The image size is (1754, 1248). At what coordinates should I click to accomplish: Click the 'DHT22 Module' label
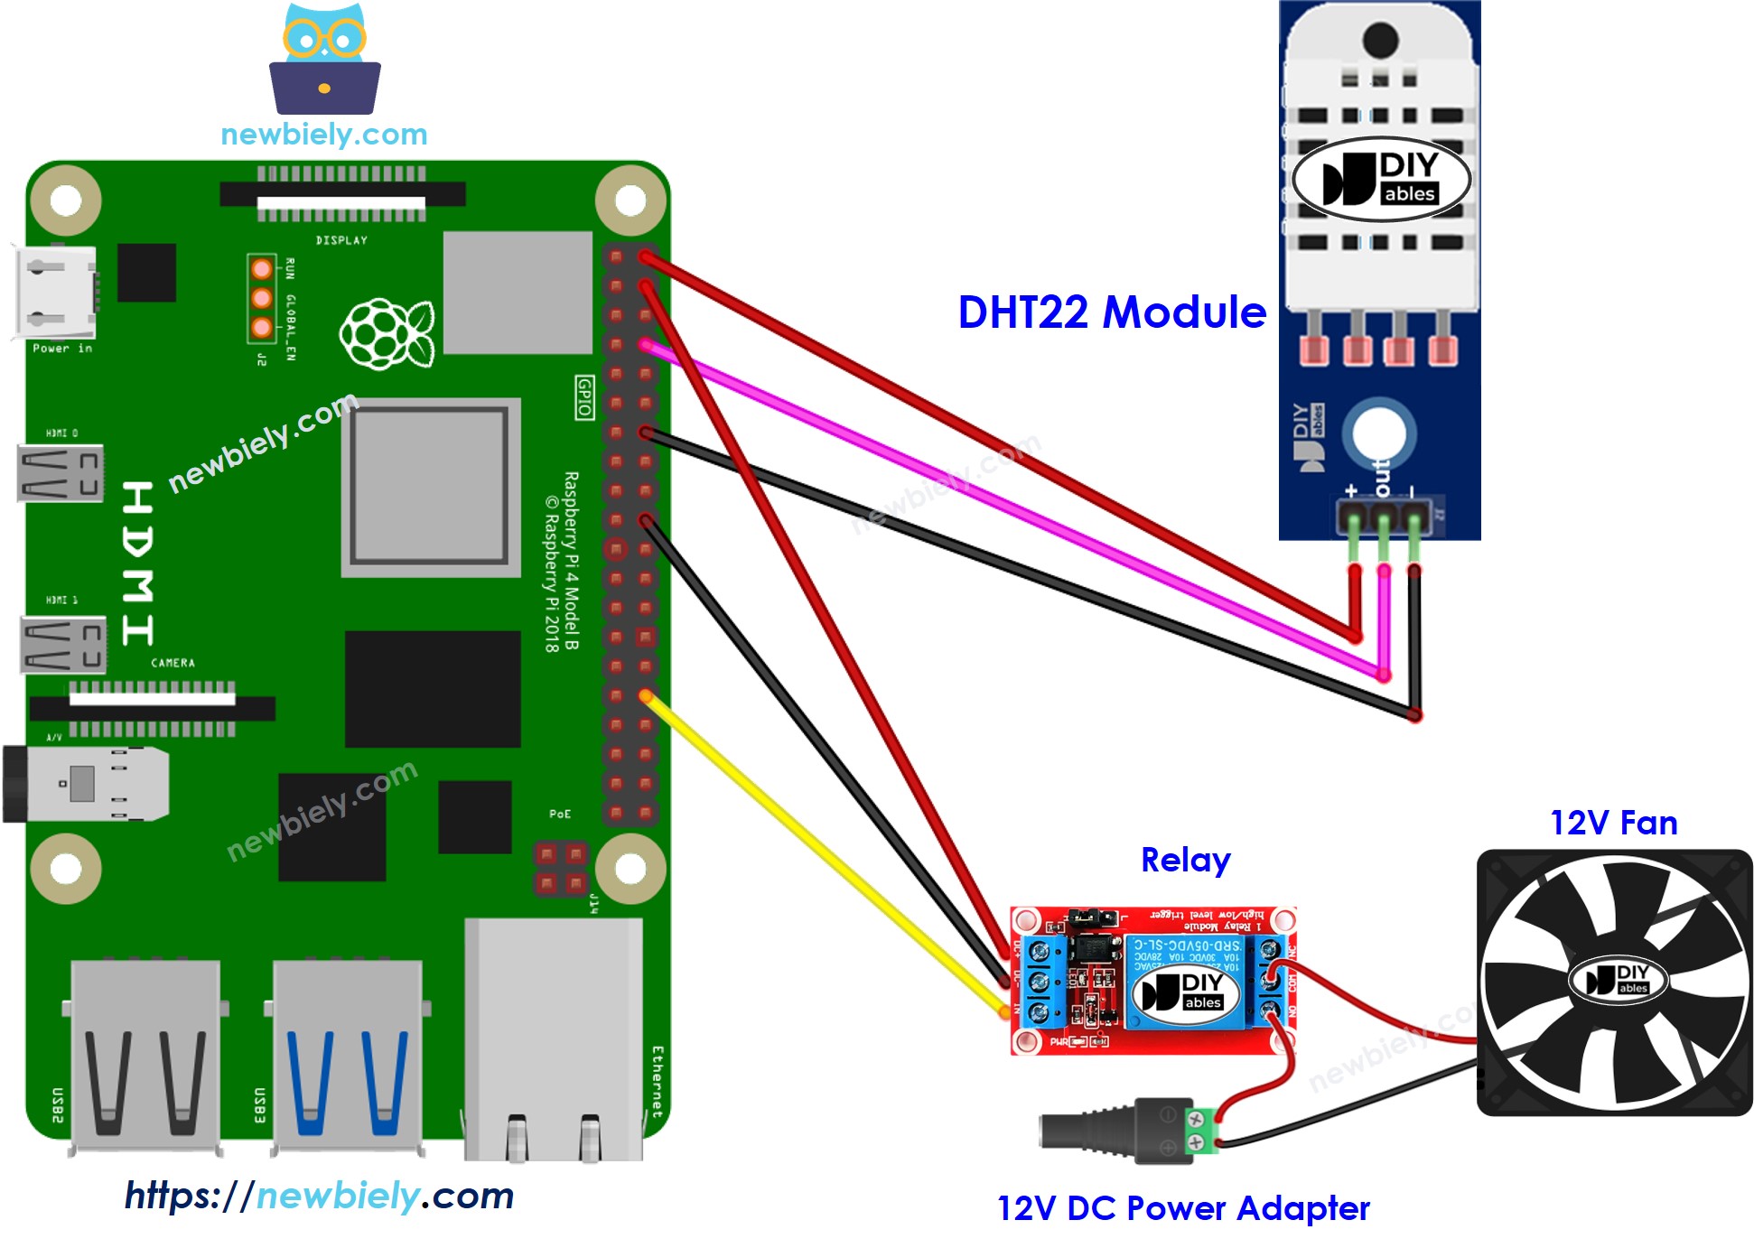(1111, 312)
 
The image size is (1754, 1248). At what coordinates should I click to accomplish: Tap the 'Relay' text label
(1185, 860)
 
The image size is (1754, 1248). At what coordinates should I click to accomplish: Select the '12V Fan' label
(1613, 823)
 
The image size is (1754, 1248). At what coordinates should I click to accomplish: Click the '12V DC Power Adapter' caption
(1182, 1208)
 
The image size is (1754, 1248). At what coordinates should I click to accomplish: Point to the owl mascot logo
(324, 60)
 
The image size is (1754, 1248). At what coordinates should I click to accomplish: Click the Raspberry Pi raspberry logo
(387, 332)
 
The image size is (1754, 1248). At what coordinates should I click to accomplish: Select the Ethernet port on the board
(554, 1038)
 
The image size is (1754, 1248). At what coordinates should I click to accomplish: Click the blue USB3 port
(348, 1057)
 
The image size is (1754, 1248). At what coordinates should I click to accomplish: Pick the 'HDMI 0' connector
(61, 473)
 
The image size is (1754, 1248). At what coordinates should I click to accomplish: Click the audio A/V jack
(86, 783)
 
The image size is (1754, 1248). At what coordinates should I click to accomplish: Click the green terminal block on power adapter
(1199, 1131)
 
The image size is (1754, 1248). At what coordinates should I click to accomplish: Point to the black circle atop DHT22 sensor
(1379, 39)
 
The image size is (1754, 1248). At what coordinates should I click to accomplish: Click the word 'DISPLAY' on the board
(341, 240)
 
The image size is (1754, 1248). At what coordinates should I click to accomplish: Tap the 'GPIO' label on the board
(584, 397)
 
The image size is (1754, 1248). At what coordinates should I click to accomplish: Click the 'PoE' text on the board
(560, 814)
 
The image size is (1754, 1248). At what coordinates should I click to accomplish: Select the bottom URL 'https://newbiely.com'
(319, 1196)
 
